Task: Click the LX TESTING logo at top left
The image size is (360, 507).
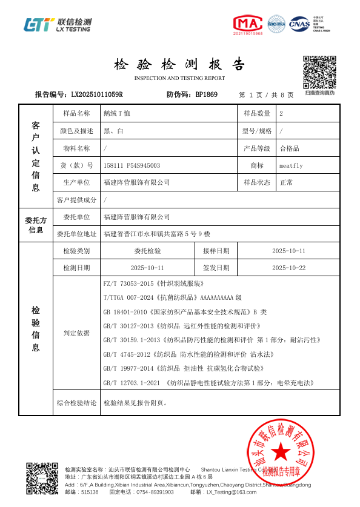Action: coord(58,24)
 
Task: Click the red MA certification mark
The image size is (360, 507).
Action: coord(248,24)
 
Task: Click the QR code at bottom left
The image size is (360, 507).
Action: coord(42,478)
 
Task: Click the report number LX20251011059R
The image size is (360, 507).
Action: coord(96,94)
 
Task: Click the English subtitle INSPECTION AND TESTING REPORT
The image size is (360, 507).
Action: coord(179,78)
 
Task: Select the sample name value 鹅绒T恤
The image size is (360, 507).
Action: coord(117,113)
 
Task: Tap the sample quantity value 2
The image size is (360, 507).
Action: coord(281,113)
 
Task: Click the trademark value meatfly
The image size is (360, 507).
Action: coord(291,165)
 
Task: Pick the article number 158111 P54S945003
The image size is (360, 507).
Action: coord(132,165)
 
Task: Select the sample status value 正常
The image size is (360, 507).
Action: coord(286,182)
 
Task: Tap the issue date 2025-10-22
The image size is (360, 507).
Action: coord(288,268)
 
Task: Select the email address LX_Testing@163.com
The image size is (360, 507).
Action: coord(232,492)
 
